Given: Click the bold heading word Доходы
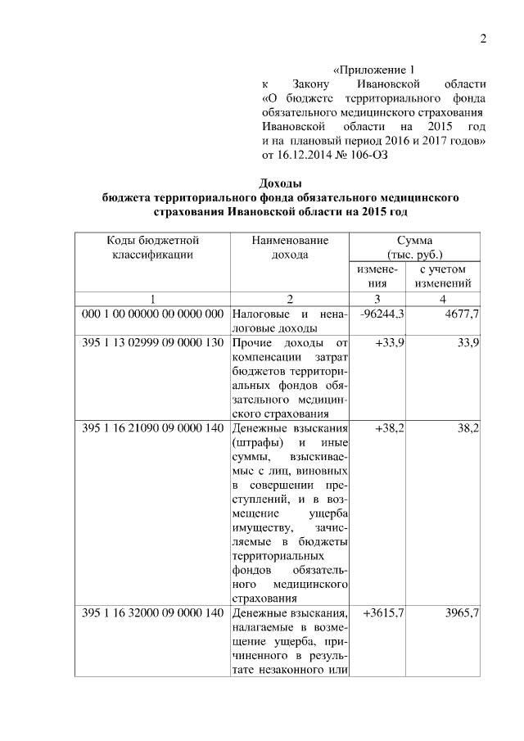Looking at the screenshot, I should [x=281, y=183].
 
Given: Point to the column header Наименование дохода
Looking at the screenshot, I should [x=290, y=247].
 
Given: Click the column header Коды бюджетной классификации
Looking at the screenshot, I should [x=152, y=247].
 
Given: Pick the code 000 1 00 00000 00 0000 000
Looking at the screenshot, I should [x=153, y=314].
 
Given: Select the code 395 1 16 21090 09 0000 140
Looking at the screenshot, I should [x=153, y=427].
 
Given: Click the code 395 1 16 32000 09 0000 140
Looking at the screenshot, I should [x=153, y=612].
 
